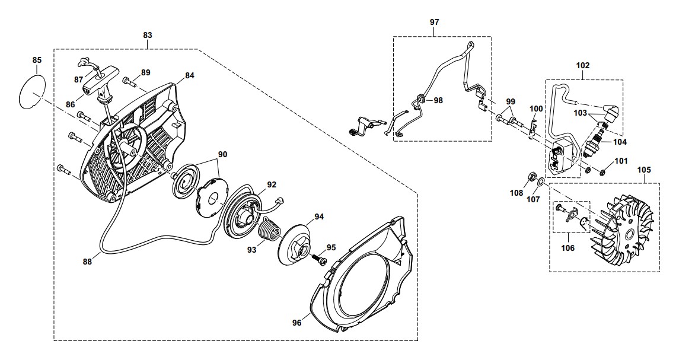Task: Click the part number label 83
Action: pyautogui.click(x=148, y=35)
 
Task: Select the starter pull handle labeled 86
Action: pyautogui.click(x=96, y=81)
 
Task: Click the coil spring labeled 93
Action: pyautogui.click(x=273, y=228)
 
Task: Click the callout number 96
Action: pyautogui.click(x=296, y=323)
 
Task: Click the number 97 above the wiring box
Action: pyautogui.click(x=434, y=22)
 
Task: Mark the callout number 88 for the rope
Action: pyautogui.click(x=87, y=260)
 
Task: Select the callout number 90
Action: pyautogui.click(x=222, y=154)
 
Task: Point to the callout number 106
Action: pyautogui.click(x=567, y=248)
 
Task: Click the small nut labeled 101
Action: pyautogui.click(x=601, y=173)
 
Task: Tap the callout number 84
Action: pyautogui.click(x=189, y=75)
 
